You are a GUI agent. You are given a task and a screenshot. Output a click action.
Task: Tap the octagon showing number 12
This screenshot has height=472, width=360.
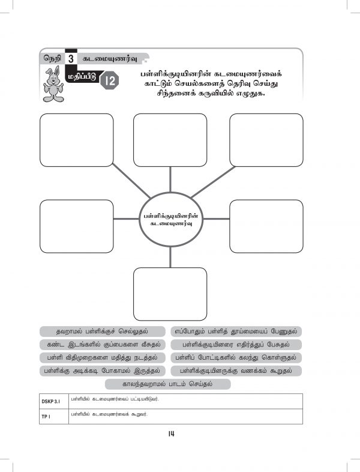(109, 80)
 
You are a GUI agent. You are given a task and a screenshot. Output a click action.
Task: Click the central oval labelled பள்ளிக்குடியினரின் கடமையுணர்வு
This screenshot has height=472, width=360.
(170, 219)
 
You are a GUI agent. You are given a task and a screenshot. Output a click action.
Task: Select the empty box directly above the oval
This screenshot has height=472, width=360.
(170, 140)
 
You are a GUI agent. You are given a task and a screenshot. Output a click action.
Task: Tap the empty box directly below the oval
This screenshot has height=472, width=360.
(170, 294)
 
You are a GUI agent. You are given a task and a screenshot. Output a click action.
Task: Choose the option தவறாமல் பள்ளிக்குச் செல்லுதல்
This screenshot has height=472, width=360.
(102, 331)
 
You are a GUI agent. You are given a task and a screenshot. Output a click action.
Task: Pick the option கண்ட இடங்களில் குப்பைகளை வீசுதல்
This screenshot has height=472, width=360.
(102, 345)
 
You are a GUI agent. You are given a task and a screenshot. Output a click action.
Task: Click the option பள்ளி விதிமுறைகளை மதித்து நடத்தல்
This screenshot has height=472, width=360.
(102, 358)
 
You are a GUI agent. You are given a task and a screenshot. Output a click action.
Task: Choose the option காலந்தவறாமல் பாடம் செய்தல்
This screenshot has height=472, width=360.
(170, 384)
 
